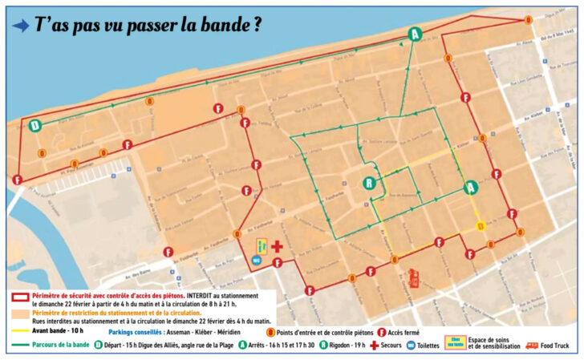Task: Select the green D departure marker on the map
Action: click(x=34, y=125)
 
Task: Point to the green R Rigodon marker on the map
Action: click(x=368, y=184)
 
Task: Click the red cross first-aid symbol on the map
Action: click(x=277, y=246)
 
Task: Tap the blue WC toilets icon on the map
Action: click(x=256, y=261)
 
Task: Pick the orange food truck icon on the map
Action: click(x=415, y=278)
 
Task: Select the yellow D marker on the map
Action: click(x=481, y=227)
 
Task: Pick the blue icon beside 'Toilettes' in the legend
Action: click(x=410, y=346)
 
